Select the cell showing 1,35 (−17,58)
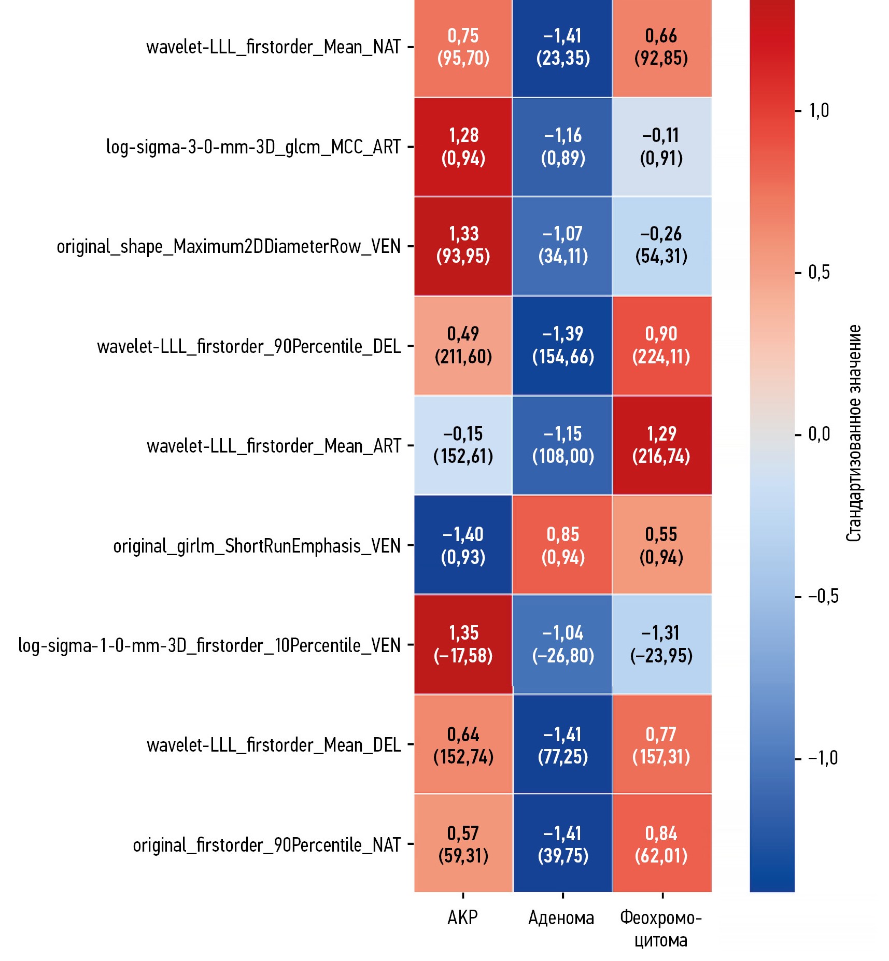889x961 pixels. [463, 644]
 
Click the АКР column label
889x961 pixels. [462, 917]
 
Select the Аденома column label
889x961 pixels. [561, 918]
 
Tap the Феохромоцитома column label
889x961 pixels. [661, 928]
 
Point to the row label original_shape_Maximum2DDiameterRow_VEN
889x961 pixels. [229, 247]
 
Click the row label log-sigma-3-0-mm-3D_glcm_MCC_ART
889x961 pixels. [253, 147]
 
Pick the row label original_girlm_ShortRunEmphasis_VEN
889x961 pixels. [257, 546]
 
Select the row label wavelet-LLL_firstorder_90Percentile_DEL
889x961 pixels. [249, 346]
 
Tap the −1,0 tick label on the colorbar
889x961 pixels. [823, 758]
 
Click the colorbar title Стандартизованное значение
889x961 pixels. [854, 433]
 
